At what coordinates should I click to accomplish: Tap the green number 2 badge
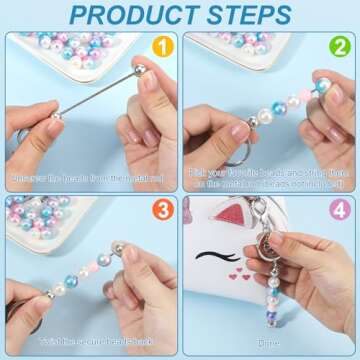(339, 47)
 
